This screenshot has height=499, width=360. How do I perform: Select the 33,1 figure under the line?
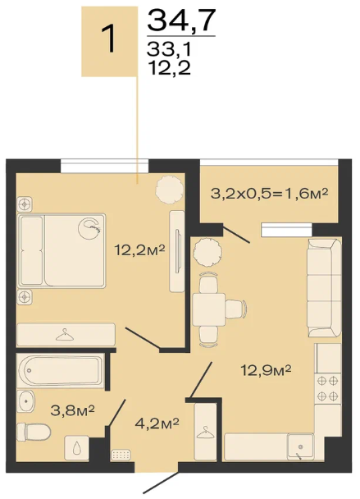pos(169,49)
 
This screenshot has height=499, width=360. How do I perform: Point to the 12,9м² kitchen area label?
pos(266,370)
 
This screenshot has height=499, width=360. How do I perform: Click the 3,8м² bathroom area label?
pos(72,410)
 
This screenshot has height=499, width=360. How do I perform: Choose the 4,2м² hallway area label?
pos(157,423)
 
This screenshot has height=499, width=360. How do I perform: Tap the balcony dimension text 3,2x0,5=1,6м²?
pos(269,193)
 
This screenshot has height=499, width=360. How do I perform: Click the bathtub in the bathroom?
pos(60,370)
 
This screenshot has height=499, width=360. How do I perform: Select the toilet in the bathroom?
pos(34,432)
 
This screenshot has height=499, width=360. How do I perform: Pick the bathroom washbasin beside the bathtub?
pos(26,401)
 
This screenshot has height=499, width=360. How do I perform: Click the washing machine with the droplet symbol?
pos(76,448)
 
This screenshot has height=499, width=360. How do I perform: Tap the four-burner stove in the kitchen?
pos(328,388)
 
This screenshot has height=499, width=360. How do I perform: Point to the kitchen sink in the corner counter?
pos(300,446)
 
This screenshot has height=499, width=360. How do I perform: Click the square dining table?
pos(209,309)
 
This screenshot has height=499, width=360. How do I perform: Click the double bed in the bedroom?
pos(62,251)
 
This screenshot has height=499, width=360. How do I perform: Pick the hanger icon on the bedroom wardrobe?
pos(65,335)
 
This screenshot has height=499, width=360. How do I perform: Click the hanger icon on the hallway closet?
pos(206,432)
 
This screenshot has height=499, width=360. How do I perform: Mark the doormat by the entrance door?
pos(121,455)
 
